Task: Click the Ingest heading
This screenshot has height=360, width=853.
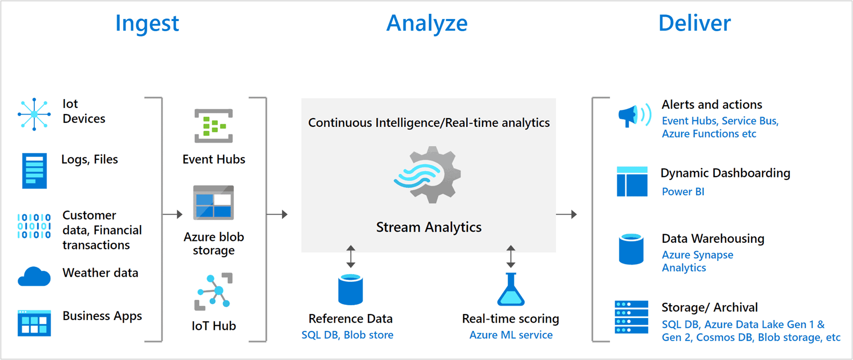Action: point(147,24)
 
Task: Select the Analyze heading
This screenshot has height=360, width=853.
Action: point(427,24)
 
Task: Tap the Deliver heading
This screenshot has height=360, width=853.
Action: point(694,24)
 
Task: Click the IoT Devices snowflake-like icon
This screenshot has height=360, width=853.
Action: point(34,114)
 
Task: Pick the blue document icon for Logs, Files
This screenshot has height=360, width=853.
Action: point(34,171)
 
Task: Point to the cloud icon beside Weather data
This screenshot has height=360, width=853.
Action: point(34,277)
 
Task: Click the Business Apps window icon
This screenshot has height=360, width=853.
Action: point(34,323)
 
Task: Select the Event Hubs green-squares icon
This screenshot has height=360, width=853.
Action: point(214,126)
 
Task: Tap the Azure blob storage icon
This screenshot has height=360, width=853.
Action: point(214,203)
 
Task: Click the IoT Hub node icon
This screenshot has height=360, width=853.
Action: point(214,291)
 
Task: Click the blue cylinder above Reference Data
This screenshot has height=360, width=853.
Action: point(350,289)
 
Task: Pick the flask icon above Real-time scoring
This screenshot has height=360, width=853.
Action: point(510,289)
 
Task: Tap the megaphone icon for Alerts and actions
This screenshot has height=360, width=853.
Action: point(634,116)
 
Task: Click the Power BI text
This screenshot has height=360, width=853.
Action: point(683,192)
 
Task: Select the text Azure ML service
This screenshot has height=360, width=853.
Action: point(510,335)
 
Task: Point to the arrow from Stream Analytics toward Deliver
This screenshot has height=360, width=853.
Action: point(567,214)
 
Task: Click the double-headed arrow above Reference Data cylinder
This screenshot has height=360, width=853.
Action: point(350,257)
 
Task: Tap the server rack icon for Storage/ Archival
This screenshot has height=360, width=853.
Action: point(631,317)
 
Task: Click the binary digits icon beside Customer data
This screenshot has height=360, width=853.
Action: point(34,226)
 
